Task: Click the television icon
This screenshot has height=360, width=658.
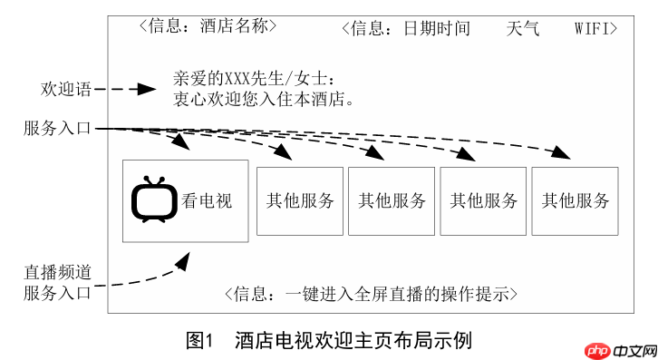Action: pos(152,199)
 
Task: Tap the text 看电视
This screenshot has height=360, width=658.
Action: pos(207,200)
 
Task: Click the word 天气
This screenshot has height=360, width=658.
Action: pos(523,28)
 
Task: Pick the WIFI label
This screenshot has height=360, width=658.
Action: pos(590,28)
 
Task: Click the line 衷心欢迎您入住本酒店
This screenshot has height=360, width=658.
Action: pos(262,98)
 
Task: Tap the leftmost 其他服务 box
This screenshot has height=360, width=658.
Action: pos(300,201)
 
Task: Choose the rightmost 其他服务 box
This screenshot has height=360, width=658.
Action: pos(575,201)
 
